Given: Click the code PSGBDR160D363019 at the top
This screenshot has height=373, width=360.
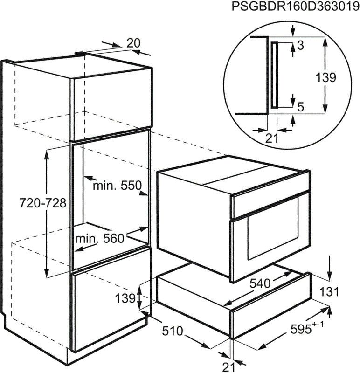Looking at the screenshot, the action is click(x=295, y=7).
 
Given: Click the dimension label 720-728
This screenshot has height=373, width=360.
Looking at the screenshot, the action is click(x=43, y=203).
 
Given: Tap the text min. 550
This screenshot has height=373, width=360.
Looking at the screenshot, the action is click(x=117, y=185).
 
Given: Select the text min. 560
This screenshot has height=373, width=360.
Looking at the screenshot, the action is click(x=100, y=238).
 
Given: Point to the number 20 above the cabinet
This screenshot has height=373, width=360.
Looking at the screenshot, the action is click(x=134, y=43).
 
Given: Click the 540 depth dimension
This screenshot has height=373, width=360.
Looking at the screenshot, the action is click(x=260, y=283).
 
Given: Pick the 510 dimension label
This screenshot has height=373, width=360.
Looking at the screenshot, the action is click(x=173, y=331).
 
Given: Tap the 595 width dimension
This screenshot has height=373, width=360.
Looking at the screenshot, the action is click(x=307, y=329).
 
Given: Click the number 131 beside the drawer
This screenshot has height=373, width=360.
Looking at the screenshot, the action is click(x=329, y=292).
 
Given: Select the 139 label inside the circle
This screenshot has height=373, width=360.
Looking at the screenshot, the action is click(x=325, y=77).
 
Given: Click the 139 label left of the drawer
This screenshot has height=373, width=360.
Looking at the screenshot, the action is click(x=125, y=298).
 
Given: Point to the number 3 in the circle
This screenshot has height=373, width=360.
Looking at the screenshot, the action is click(x=301, y=45).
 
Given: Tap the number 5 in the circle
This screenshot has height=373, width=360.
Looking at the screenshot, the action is click(x=301, y=107).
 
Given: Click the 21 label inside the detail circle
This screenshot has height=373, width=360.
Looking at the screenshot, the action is click(x=272, y=138).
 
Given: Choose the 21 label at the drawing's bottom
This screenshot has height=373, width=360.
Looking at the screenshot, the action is click(x=228, y=367).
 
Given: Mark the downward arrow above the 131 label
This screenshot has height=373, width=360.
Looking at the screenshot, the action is click(x=329, y=268).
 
